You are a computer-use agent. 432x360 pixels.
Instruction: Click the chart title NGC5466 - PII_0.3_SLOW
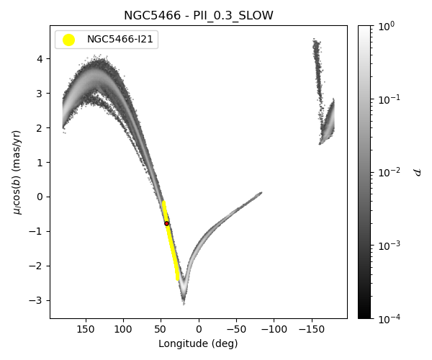[x=198, y=15]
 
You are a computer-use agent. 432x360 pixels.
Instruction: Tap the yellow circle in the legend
[x=68, y=40]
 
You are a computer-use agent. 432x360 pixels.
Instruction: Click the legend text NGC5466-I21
[x=120, y=40]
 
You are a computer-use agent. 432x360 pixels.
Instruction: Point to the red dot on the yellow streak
[x=166, y=223]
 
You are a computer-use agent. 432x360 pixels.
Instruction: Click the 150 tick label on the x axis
[x=86, y=329]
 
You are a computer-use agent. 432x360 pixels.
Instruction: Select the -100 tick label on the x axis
[x=274, y=329]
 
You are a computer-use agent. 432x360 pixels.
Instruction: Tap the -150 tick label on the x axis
[x=311, y=329]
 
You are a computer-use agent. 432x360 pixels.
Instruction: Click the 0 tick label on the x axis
[x=199, y=329]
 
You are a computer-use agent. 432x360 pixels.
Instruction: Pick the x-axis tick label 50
[x=161, y=329]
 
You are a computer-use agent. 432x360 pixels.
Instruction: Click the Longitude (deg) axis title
[x=198, y=343]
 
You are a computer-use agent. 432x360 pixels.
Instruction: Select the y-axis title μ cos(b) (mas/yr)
[x=17, y=171]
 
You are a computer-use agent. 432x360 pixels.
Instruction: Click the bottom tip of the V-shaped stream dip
[x=184, y=302]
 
